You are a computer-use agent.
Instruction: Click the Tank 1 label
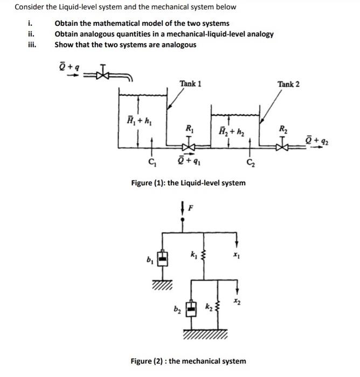pos(191,83)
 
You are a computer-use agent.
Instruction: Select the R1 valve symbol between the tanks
pos(189,146)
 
